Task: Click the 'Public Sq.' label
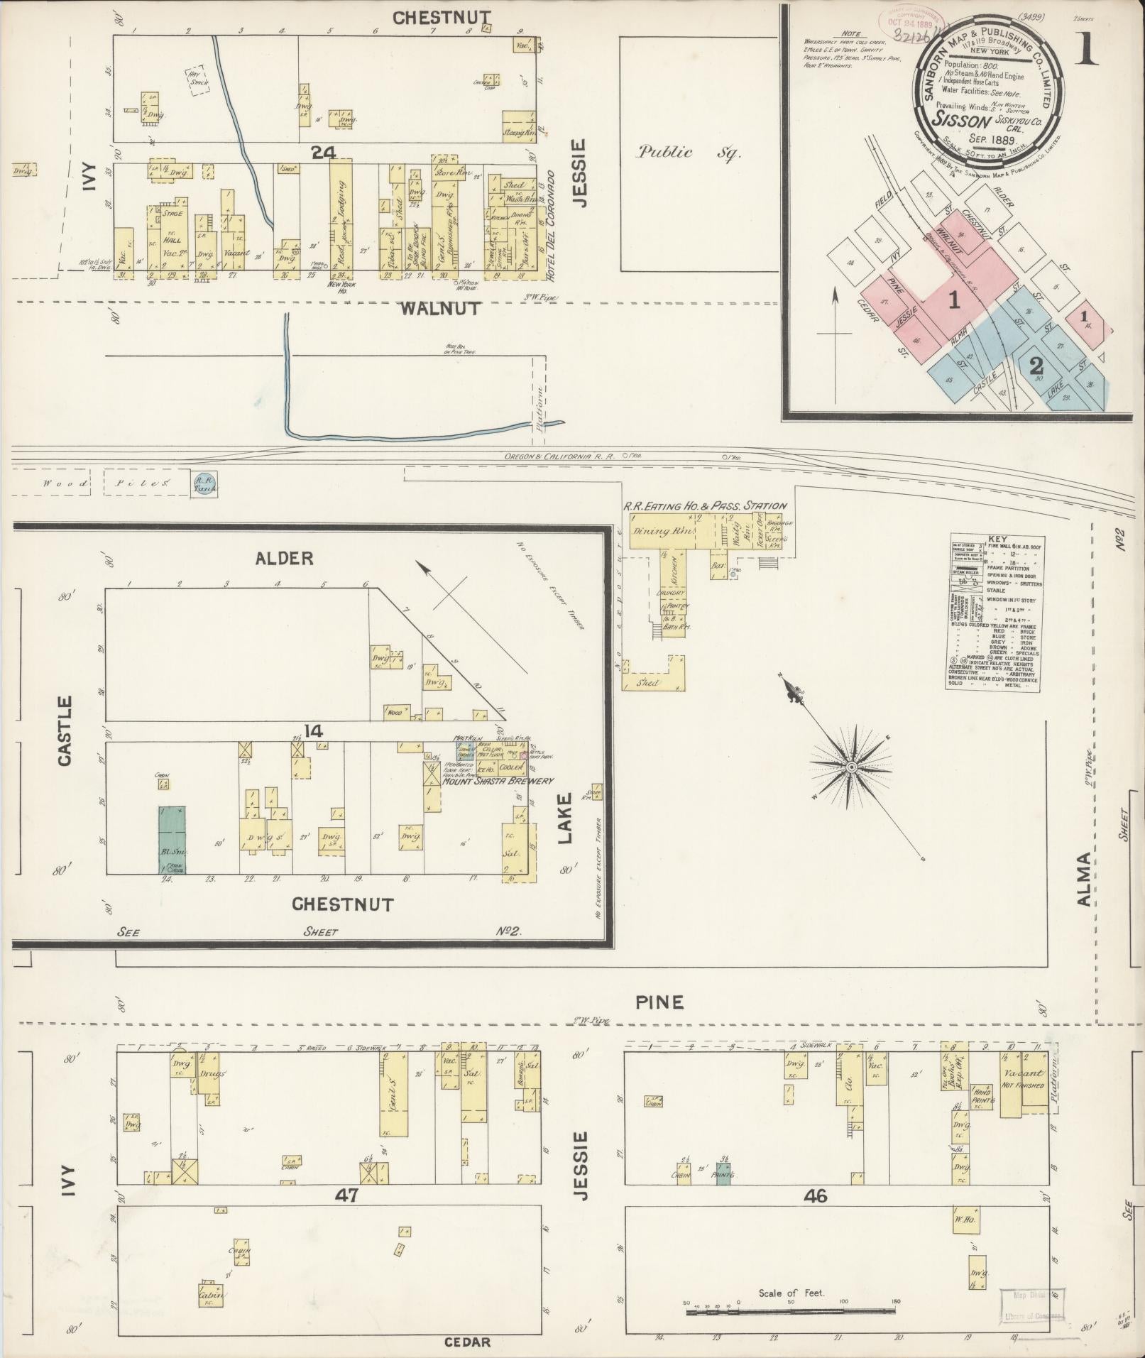(x=688, y=152)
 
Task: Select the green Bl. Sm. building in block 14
(x=171, y=839)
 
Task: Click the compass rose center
(x=850, y=767)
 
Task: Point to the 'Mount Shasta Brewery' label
(x=497, y=782)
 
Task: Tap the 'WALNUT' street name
(x=440, y=309)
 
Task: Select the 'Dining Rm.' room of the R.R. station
(x=658, y=531)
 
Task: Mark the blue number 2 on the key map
(x=1036, y=366)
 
